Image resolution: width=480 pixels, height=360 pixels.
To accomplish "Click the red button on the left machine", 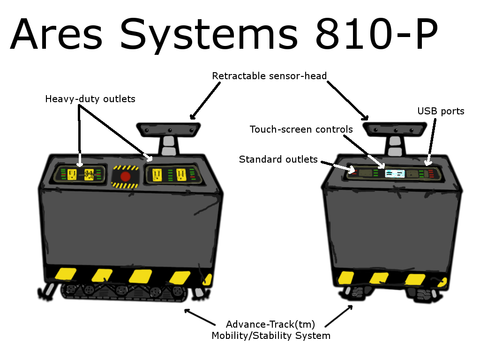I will click(125, 176).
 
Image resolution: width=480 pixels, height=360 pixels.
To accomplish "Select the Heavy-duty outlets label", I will click(90, 99).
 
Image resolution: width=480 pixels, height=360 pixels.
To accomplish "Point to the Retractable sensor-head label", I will click(269, 76).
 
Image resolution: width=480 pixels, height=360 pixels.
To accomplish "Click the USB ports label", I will click(441, 111).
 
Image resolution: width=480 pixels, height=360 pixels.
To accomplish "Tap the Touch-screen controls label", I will click(301, 129).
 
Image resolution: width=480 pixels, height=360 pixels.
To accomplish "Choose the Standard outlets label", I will click(278, 159).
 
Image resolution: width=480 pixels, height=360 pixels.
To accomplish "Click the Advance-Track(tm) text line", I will click(270, 324).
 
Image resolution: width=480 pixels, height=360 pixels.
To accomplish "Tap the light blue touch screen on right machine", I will click(394, 173).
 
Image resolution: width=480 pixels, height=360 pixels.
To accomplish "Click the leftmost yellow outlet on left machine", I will click(72, 174).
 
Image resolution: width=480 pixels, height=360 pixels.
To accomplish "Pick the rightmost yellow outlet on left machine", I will click(182, 175).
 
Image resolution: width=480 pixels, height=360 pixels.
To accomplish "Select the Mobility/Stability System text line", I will click(270, 336).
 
